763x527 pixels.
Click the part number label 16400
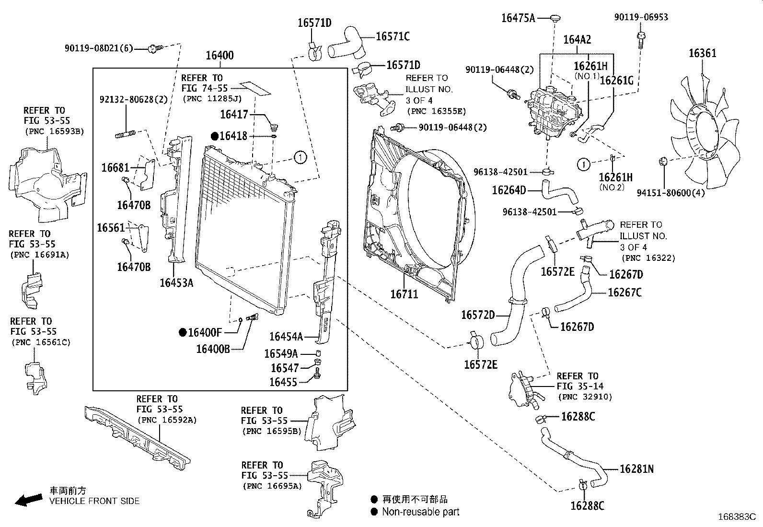click(x=220, y=55)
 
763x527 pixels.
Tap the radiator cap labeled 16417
click(x=273, y=128)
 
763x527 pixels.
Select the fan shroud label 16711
click(x=404, y=294)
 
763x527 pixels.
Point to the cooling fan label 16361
click(x=702, y=53)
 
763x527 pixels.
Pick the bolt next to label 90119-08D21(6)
click(x=156, y=48)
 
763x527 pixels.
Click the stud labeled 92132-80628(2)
click(x=126, y=134)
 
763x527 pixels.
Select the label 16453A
click(x=176, y=282)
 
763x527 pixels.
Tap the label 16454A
click(x=286, y=337)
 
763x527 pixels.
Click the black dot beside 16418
click(x=215, y=136)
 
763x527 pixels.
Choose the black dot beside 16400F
click(x=183, y=332)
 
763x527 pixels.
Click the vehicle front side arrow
click(x=29, y=500)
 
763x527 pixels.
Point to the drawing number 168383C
click(x=737, y=517)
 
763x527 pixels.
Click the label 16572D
click(x=478, y=315)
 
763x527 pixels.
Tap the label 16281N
click(x=636, y=469)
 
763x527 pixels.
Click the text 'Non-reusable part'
click(x=421, y=512)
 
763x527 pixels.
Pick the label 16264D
click(x=509, y=190)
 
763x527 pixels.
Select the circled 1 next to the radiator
click(x=300, y=157)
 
